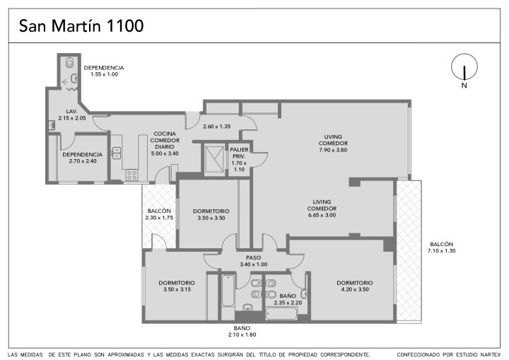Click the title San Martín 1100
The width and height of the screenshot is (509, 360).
point(81,26)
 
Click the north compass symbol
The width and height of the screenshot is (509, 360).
point(464,67)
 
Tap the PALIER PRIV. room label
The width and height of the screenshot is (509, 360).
point(239,153)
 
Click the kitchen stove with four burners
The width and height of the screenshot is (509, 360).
point(131,175)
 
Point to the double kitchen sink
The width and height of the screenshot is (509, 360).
point(116,153)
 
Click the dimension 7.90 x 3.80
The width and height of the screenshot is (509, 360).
point(333,150)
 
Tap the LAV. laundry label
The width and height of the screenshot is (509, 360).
point(71,112)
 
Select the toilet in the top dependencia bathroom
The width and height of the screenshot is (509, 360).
point(69,62)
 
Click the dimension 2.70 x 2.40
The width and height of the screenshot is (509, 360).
point(83,161)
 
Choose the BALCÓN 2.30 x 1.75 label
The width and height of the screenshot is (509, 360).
point(159,214)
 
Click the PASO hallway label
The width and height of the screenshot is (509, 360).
point(253,258)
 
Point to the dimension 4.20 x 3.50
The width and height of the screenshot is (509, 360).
point(355,289)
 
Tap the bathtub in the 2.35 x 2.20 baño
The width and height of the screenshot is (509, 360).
point(281,313)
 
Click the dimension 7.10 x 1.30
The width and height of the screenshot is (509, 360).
point(441,251)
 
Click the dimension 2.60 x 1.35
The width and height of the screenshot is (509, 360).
point(216,127)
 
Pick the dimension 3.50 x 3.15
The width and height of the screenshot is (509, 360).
point(177,289)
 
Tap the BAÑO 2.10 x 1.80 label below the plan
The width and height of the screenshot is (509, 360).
point(242,332)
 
